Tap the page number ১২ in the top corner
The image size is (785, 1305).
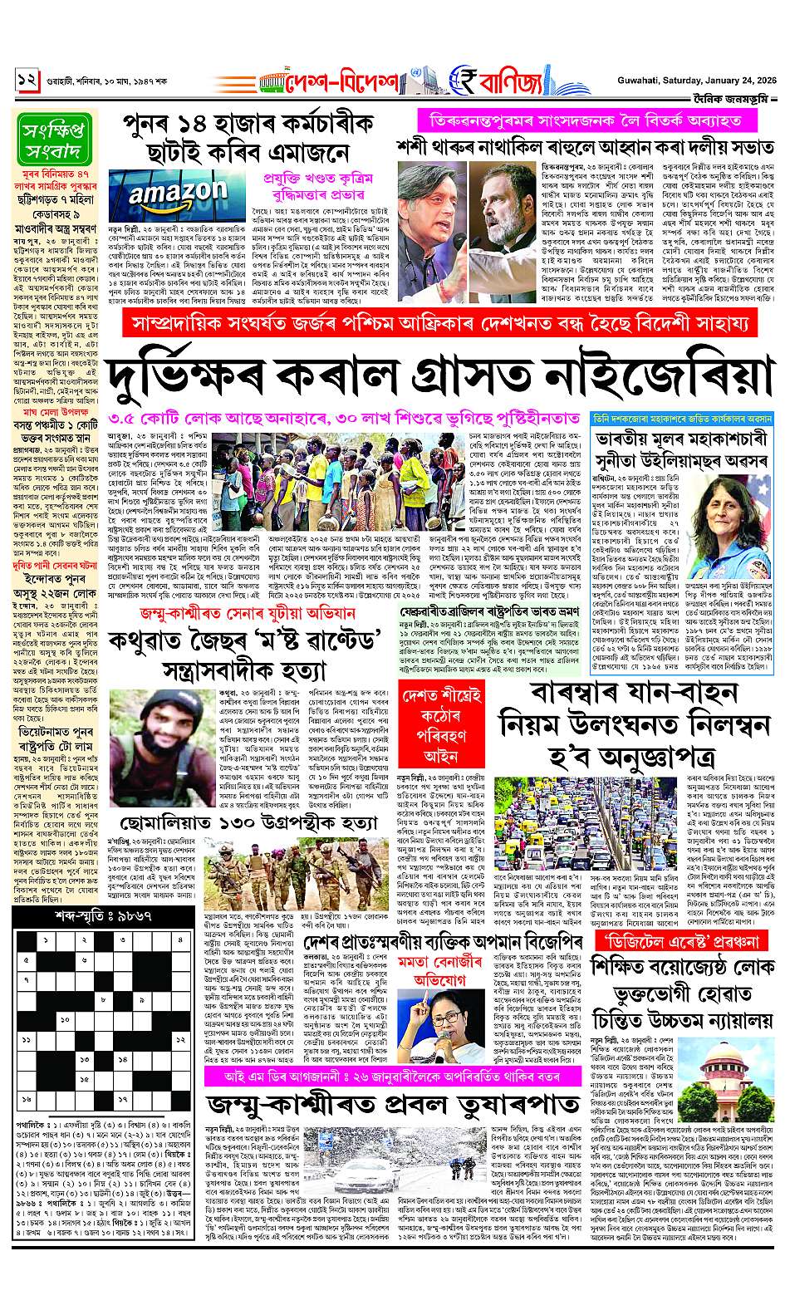coord(27,80)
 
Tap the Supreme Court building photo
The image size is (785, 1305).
coord(734,1085)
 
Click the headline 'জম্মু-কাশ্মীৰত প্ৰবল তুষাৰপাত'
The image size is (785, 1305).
coord(394,1106)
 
